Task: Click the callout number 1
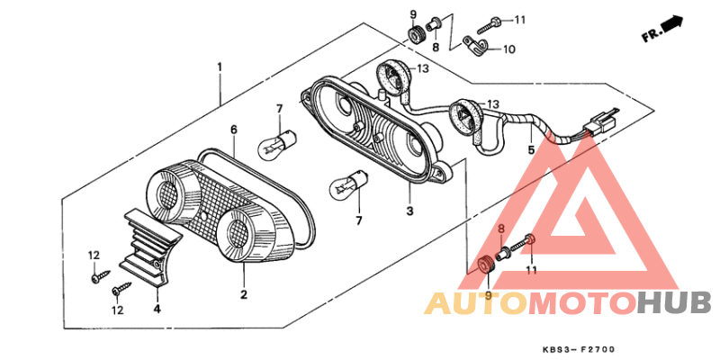coord(219,67)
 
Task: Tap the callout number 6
coord(233,130)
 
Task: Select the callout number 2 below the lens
coord(243,294)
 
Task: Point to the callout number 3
coord(409,211)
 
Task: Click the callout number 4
coord(157,309)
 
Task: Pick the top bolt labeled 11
coord(495,19)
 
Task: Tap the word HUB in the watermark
coord(673,302)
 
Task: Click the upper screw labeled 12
coord(95,278)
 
